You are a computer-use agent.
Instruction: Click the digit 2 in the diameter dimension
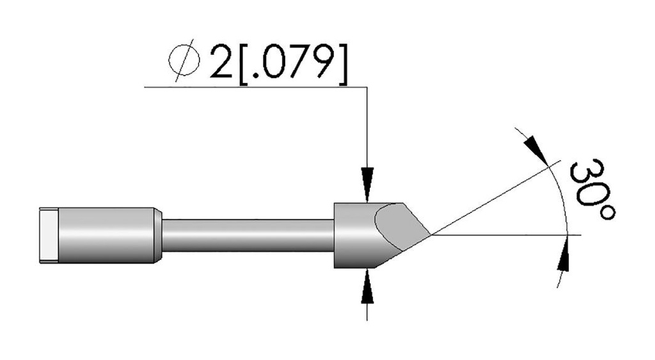[x=221, y=62]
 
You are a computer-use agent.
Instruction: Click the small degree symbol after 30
[x=607, y=212]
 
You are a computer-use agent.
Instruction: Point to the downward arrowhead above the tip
[x=367, y=185]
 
